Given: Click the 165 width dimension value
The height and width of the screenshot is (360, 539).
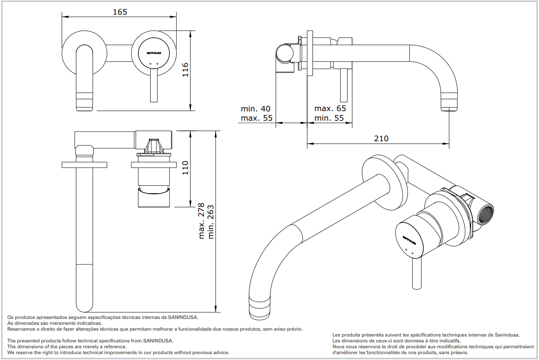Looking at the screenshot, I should point(120,12).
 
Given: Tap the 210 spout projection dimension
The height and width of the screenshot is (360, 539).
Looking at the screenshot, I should point(381,138).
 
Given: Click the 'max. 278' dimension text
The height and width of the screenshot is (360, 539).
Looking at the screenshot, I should point(202,221).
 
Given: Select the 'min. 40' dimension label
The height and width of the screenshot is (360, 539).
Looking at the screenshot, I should point(255,109).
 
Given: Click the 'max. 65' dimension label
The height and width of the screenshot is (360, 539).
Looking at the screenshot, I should point(330,109).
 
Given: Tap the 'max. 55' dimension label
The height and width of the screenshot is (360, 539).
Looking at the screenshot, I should point(256,118).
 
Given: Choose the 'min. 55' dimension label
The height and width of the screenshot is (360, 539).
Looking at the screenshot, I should point(329,118).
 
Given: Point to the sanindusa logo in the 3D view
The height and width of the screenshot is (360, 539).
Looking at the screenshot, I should point(409,240).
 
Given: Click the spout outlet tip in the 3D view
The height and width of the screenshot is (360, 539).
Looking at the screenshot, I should point(261,308).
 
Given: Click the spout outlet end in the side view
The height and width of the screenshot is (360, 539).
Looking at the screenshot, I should point(450,104).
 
